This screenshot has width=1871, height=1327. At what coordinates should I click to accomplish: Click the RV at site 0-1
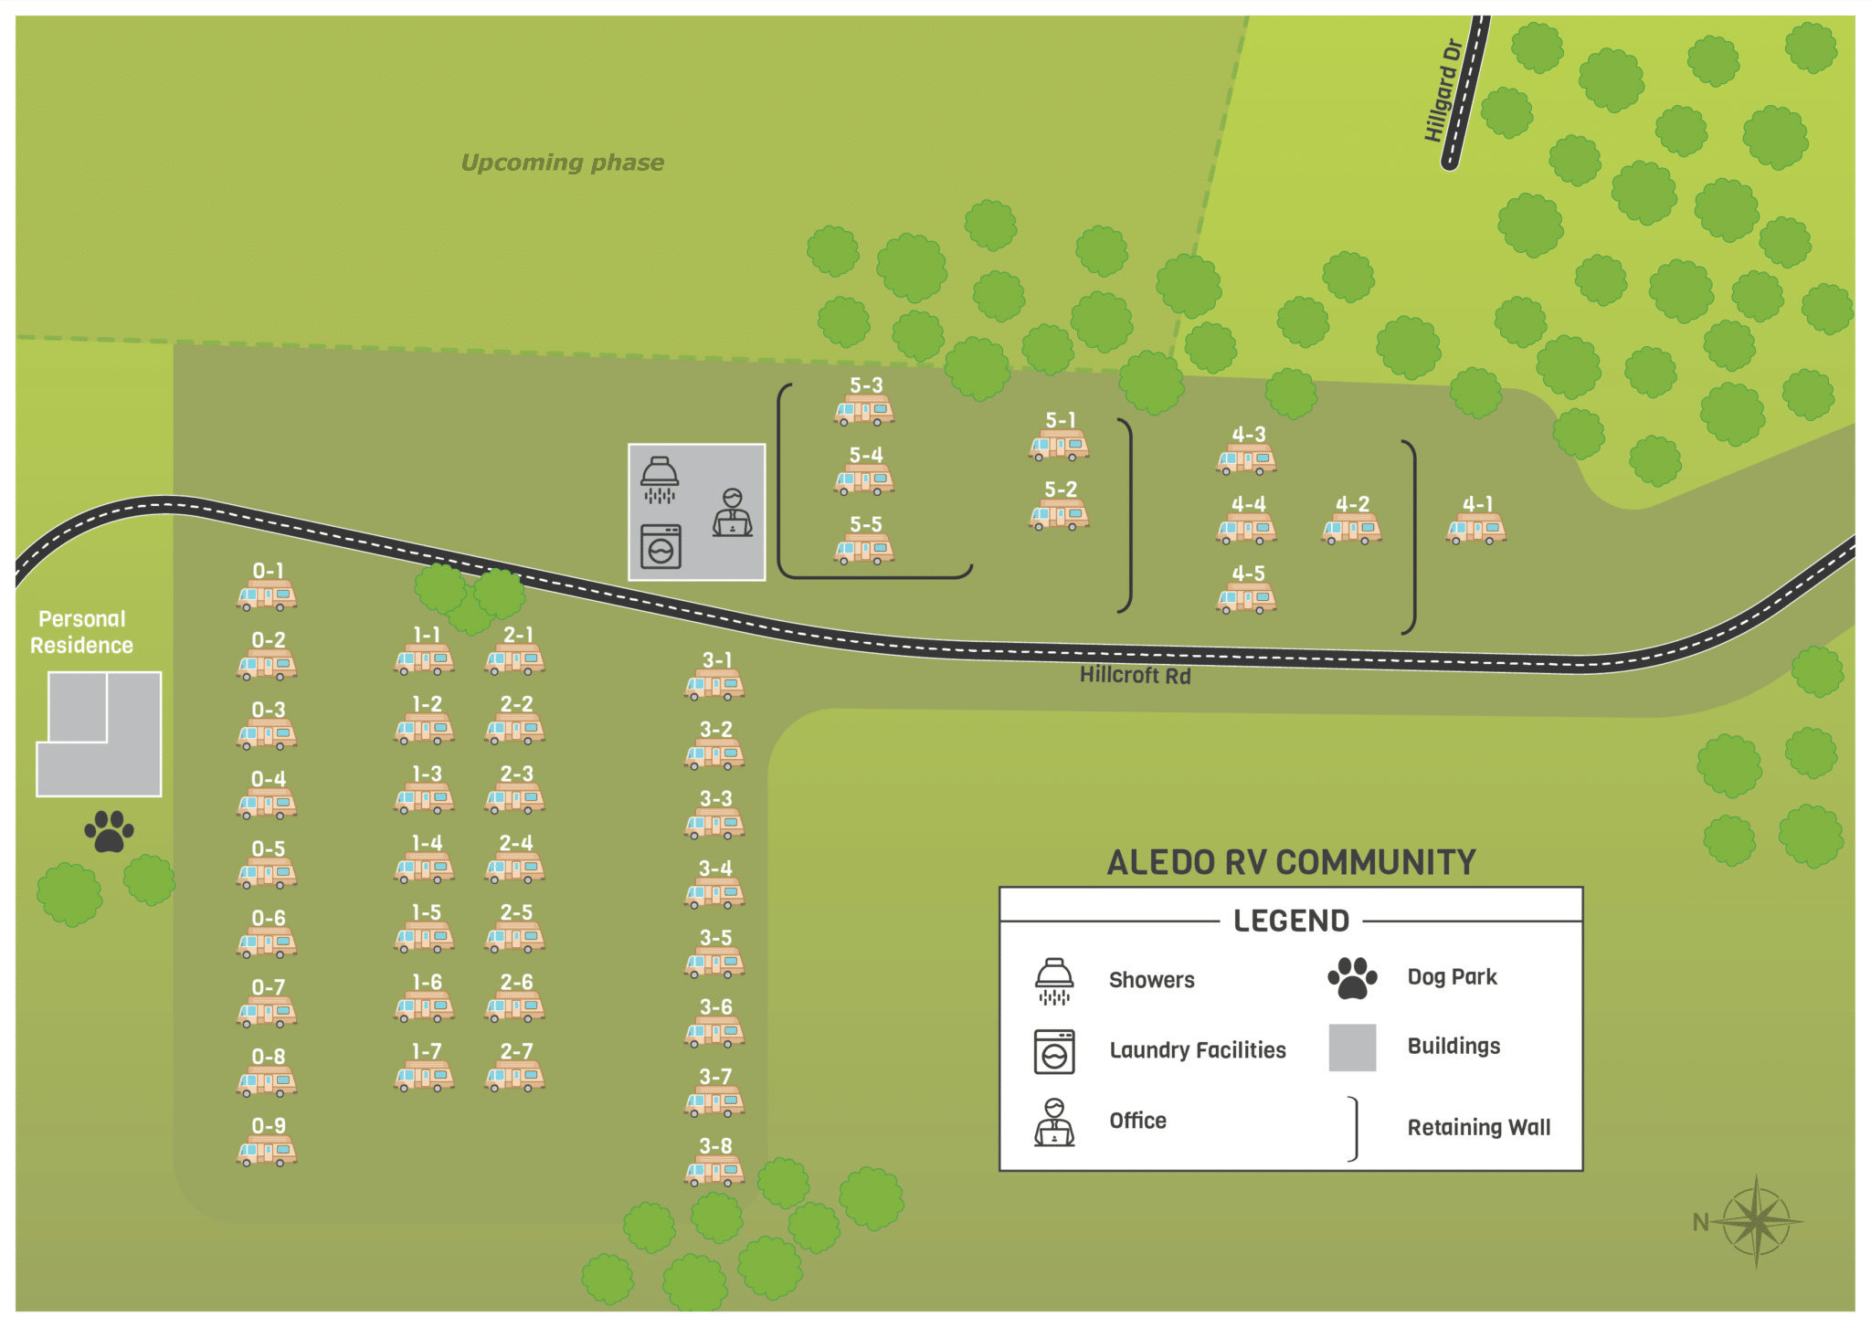coord(267,596)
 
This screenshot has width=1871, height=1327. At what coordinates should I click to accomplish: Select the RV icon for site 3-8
coord(714,1171)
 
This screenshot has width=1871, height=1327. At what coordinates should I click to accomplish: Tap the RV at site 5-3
coord(864,412)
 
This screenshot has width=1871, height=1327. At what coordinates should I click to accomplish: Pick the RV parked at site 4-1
coord(1476,530)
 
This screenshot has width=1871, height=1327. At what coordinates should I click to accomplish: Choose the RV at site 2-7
coord(515,1077)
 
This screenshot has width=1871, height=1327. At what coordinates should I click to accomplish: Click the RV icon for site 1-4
coord(425,869)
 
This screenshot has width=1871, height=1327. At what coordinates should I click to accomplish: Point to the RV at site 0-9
coord(267,1152)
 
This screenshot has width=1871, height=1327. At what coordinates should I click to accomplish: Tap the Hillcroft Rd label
coord(1135,676)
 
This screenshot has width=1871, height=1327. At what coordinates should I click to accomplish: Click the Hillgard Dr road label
coord(1443,90)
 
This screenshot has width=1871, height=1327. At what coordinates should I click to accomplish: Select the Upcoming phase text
coord(562,163)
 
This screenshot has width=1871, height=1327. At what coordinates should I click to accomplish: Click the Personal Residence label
coord(82,632)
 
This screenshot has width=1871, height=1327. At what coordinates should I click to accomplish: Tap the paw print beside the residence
coord(109,831)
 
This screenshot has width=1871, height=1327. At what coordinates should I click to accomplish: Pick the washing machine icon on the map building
coord(661,547)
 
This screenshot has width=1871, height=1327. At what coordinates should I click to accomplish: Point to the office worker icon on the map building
coord(733,512)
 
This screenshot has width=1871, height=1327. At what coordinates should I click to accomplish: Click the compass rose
coord(1756,1221)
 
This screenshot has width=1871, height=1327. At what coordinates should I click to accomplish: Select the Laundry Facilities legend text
coord(1197,1050)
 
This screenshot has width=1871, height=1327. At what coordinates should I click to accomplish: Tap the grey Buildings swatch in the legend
coord(1352,1048)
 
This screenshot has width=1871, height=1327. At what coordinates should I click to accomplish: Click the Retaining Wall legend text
coord(1478,1128)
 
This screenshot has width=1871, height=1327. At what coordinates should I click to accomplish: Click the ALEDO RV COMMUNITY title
coord(1291,862)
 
